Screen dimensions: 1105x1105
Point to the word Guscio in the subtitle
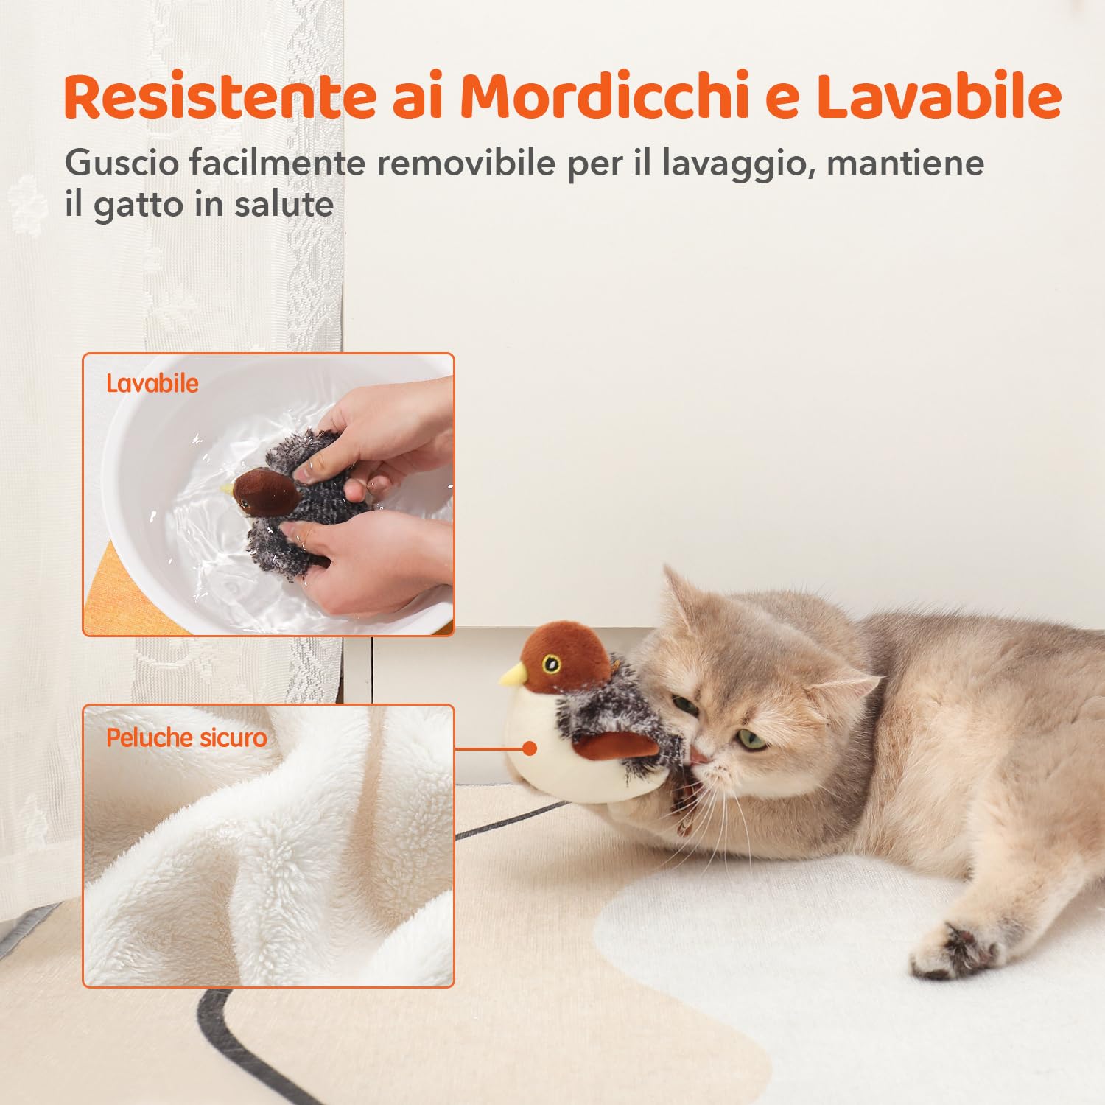122,163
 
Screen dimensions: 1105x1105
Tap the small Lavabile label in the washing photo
152,383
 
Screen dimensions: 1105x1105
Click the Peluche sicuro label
186,737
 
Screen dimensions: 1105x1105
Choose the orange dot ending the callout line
529,748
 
